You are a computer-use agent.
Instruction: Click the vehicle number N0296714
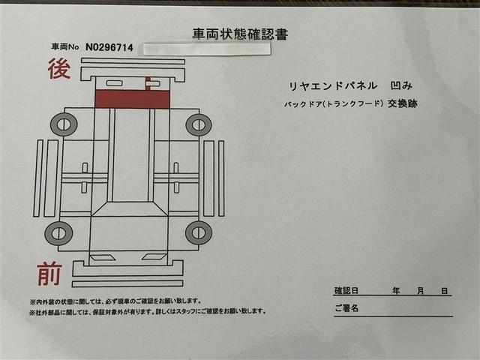109,47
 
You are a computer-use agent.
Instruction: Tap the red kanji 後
59,69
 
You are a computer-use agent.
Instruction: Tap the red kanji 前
49,275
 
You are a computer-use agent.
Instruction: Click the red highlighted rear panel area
131,99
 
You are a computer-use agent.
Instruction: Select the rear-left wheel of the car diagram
64,124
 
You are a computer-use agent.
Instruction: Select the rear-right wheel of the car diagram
198,124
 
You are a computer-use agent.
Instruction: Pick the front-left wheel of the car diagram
58,232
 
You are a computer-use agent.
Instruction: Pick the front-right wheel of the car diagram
198,232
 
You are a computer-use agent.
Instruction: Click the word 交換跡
402,103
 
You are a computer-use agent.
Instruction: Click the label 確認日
346,290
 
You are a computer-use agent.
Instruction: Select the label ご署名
346,307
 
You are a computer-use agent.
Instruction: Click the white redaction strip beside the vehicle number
205,49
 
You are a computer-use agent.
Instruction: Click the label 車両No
64,48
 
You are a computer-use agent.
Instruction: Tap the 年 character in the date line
394,290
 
